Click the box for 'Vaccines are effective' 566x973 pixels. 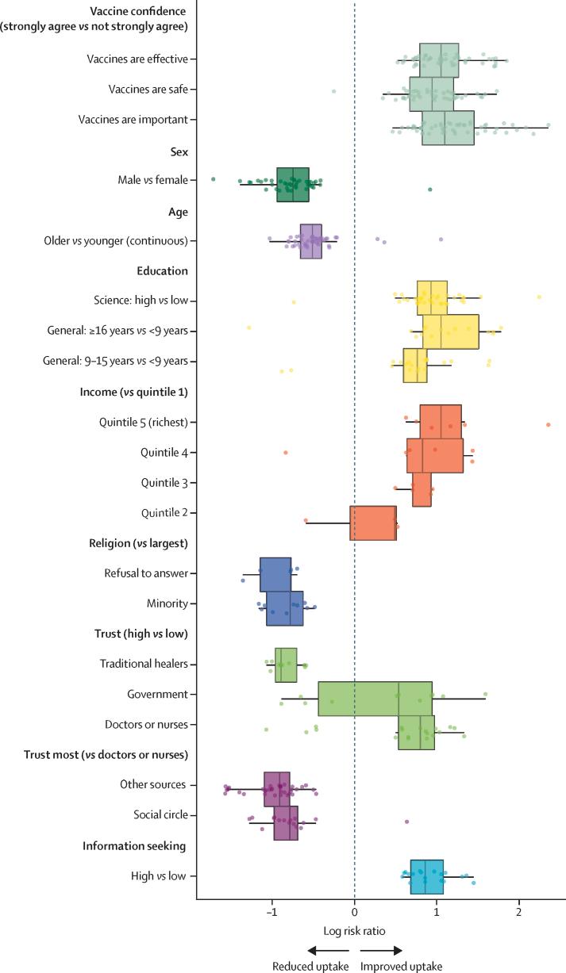(439, 59)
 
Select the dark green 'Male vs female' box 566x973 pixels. (293, 184)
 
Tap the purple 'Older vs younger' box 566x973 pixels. (311, 241)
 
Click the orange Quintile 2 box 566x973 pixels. (373, 523)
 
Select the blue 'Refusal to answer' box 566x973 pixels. (275, 574)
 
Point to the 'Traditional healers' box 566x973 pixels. (286, 665)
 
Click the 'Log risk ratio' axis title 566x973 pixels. (354, 929)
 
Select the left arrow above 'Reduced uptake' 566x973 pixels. (327, 950)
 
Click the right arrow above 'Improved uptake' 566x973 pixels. (383, 950)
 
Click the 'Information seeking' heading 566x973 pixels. (134, 846)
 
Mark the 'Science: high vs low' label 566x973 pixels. (139, 301)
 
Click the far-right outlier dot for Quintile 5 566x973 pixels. (549, 425)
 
